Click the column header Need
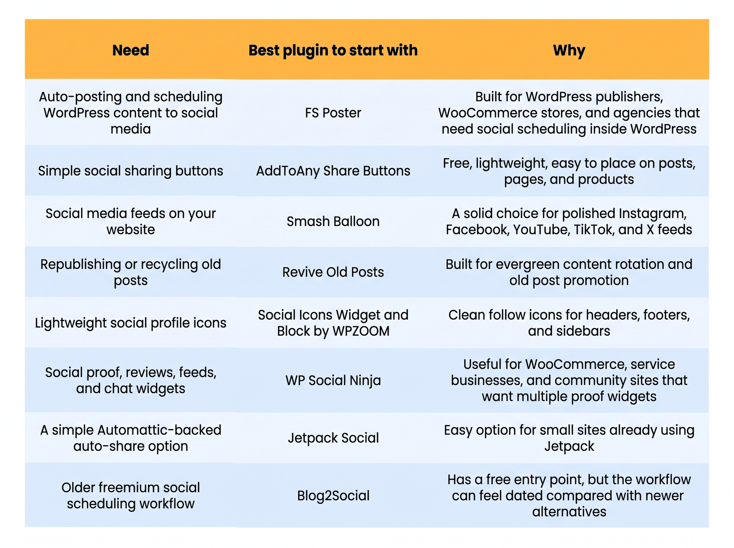[x=130, y=50]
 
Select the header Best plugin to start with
[x=333, y=50]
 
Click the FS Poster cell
[x=333, y=113]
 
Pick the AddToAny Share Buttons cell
[x=333, y=171]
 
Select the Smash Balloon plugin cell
[x=333, y=221]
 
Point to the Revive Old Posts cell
[x=333, y=272]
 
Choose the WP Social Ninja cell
[x=333, y=380]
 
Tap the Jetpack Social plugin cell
[x=333, y=438]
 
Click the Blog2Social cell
[x=333, y=496]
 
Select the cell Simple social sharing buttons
[x=130, y=171]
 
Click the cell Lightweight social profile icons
[x=130, y=323]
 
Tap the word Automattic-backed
[x=159, y=430]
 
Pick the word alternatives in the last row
[x=569, y=512]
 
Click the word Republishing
[x=81, y=264]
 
